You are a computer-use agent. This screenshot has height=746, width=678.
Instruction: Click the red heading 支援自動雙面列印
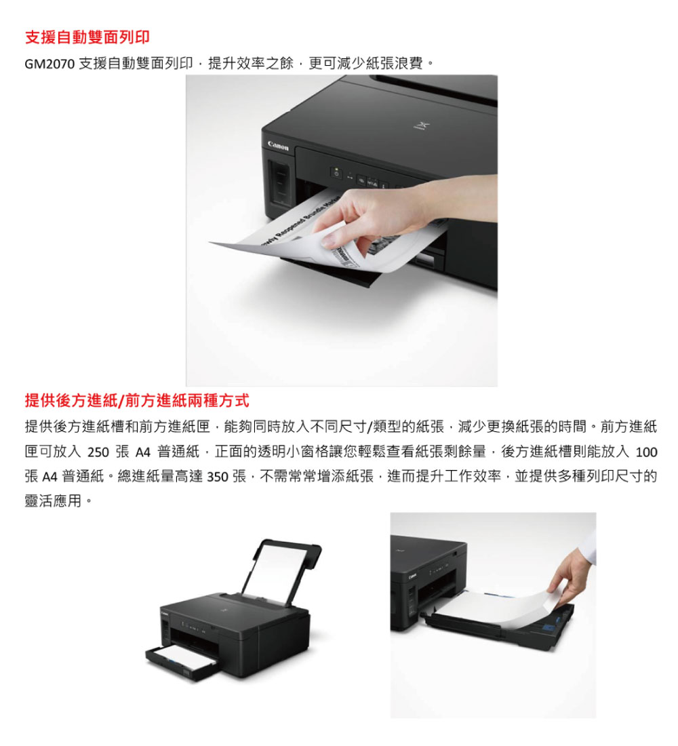pos(87,37)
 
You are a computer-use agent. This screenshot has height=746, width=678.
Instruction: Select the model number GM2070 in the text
pos(49,64)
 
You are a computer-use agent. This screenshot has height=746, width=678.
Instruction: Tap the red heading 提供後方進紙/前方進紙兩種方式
pos(137,401)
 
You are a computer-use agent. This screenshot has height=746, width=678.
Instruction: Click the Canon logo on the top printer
pos(278,146)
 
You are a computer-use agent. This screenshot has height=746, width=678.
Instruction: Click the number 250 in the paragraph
pos(98,452)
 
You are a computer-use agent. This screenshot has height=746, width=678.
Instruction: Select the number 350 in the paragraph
pos(218,477)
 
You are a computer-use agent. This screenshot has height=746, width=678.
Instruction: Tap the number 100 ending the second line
pos(646,452)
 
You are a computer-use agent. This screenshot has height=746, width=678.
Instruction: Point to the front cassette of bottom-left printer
pos(183,662)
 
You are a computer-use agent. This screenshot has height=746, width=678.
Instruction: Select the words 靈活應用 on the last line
pos(53,501)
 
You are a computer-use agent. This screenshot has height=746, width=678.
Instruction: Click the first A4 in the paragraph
pos(143,452)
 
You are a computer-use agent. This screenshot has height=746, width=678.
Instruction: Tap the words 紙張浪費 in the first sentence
pos(395,63)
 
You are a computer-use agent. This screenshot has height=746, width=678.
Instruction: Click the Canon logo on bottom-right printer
pos(412,576)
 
